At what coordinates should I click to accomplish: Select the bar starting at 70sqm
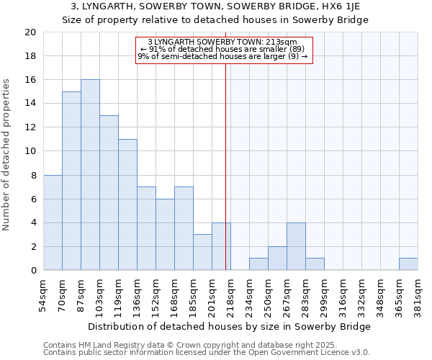point(71,181)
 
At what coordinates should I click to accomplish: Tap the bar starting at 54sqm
point(53,222)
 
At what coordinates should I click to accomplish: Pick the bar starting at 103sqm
point(109,193)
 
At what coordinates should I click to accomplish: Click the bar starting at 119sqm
point(127,204)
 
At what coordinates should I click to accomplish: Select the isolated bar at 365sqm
point(408,264)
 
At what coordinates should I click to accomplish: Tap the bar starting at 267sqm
point(296,246)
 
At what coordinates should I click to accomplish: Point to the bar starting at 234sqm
point(258,264)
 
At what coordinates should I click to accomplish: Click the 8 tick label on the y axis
point(33,175)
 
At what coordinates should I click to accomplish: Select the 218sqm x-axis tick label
point(230,293)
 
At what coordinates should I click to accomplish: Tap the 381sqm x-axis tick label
point(418,293)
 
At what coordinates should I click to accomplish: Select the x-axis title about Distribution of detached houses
point(230,326)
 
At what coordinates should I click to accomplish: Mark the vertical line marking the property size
point(226,158)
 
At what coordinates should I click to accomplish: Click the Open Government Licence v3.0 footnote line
point(207,353)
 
